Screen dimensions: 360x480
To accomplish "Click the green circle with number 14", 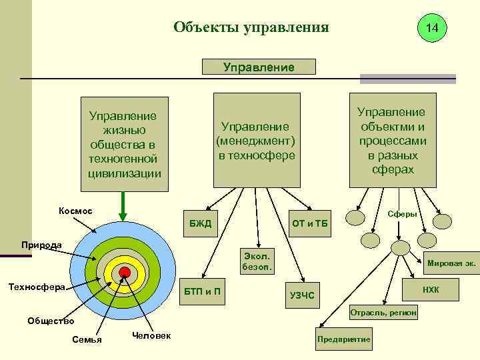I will point(431,28).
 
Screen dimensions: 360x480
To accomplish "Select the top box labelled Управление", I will point(258,67).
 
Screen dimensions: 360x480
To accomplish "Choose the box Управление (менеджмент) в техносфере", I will point(255,141).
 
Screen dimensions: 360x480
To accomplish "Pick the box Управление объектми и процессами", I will point(393,141).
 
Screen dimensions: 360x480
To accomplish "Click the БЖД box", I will point(200,223).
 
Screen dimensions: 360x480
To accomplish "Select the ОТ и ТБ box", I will point(309,223).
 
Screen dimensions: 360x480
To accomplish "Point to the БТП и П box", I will point(203,291).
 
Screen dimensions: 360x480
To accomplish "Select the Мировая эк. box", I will point(451,263).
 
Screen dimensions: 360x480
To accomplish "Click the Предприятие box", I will point(344,339).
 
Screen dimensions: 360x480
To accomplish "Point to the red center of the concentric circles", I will point(125,271).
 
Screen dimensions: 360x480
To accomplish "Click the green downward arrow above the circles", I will point(123,204).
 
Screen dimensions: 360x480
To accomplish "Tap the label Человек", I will point(151,335).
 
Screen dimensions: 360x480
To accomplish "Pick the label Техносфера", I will point(36,287).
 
